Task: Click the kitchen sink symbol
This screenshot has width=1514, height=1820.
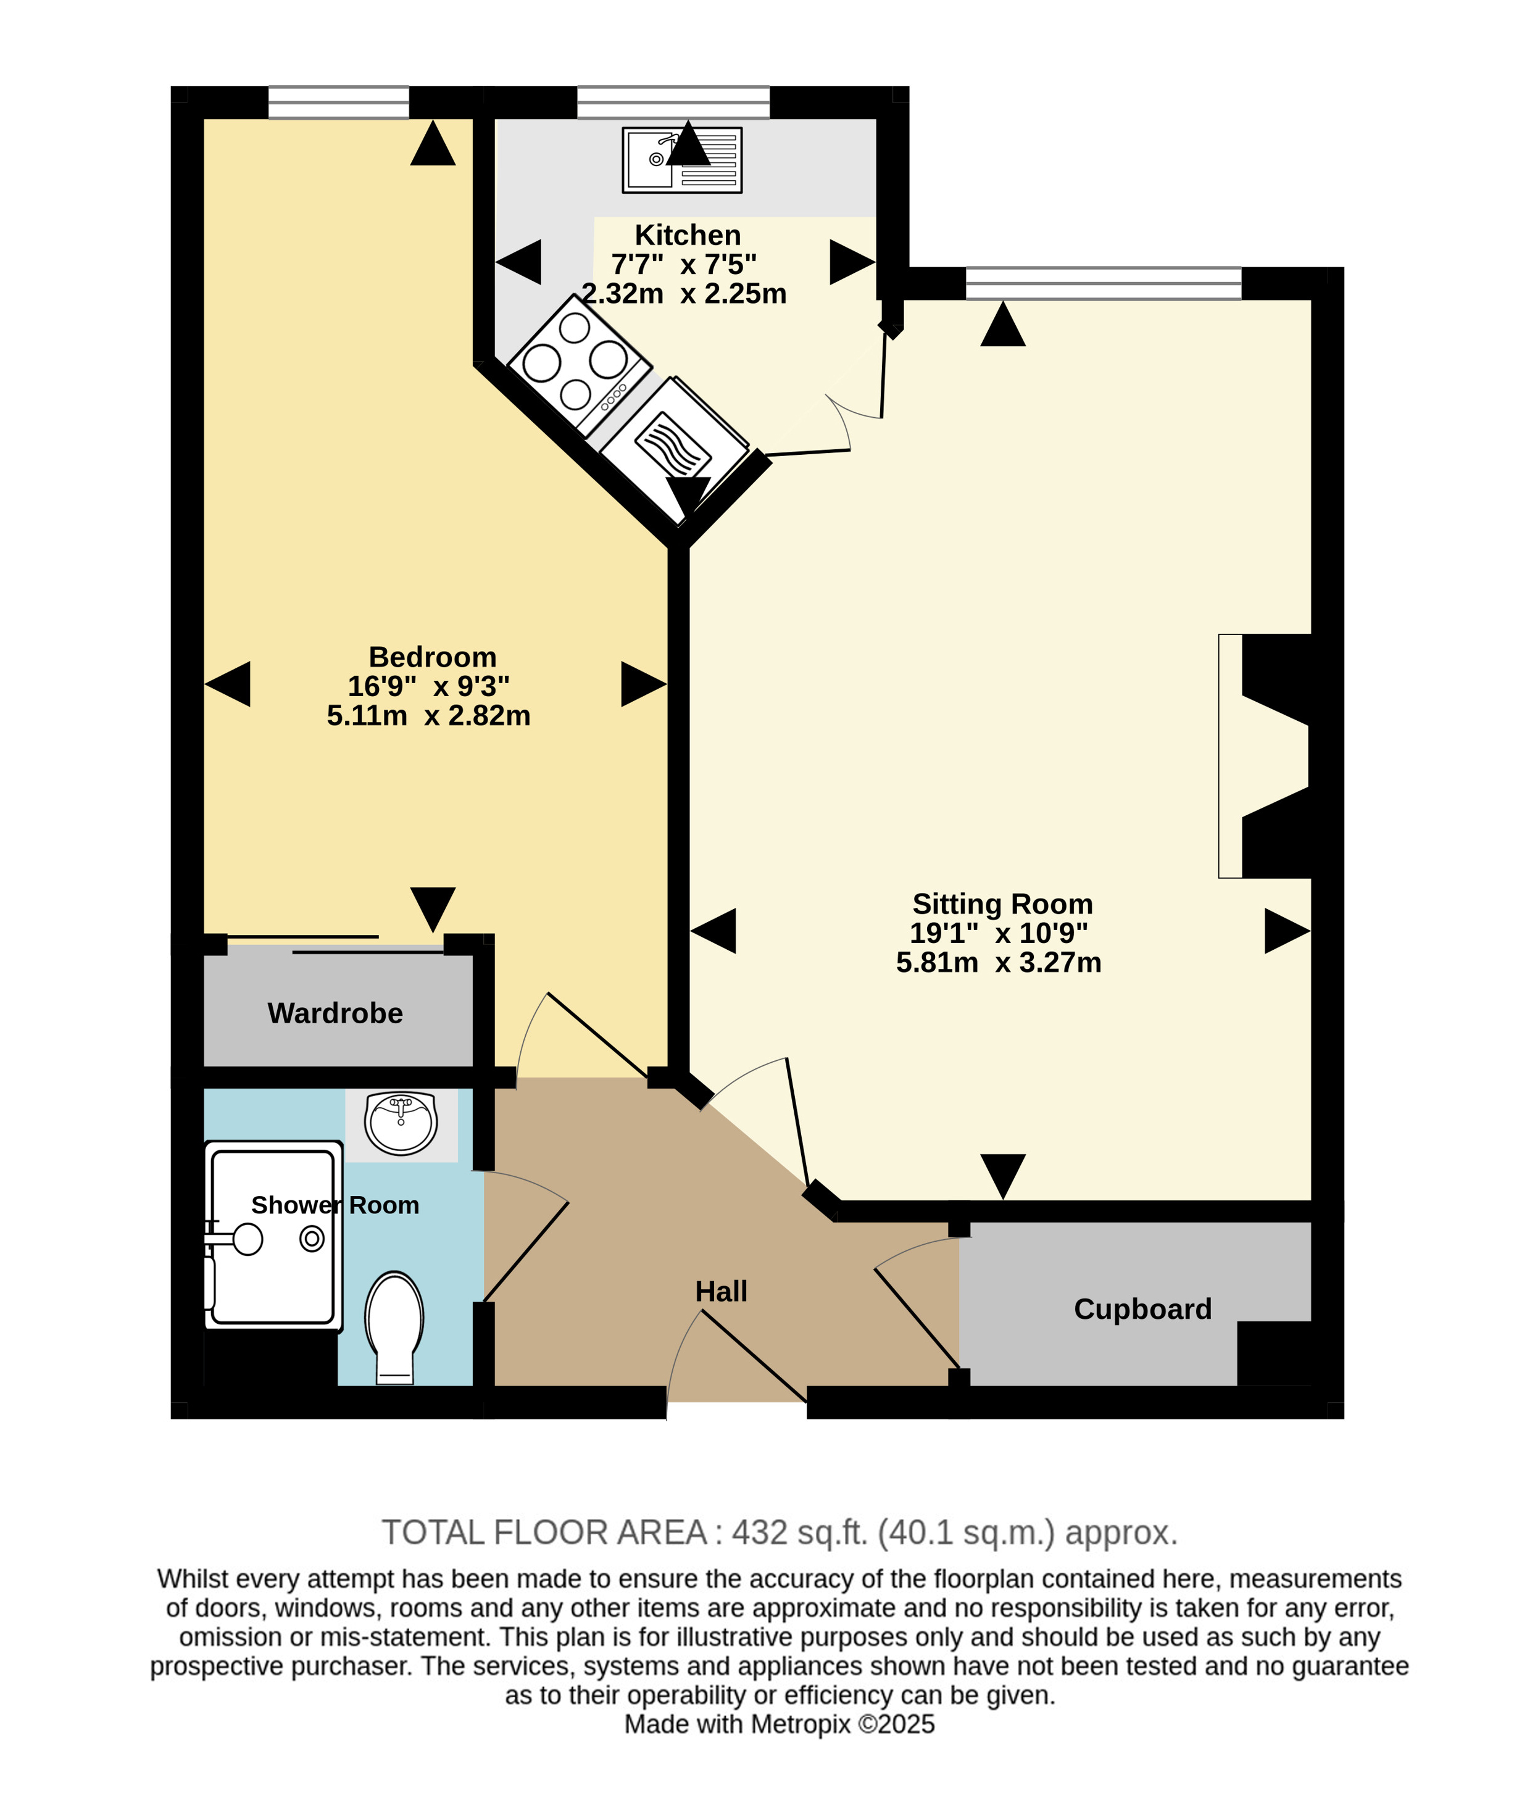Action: [681, 159]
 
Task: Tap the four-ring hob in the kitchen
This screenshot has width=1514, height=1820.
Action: [579, 365]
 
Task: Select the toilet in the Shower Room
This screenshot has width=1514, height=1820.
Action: [394, 1328]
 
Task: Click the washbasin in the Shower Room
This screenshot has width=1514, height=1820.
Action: [401, 1123]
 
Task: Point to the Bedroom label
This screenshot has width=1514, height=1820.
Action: [433, 657]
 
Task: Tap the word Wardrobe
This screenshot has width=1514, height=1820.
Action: [335, 1013]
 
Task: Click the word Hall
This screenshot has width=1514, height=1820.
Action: [721, 1291]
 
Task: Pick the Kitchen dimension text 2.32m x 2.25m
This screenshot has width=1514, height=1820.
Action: [684, 294]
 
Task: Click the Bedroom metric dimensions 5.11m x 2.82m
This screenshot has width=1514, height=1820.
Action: [428, 716]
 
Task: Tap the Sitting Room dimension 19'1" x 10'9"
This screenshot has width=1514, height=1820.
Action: [999, 933]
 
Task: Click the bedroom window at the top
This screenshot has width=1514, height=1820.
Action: [338, 102]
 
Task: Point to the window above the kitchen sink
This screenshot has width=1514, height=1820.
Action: [673, 102]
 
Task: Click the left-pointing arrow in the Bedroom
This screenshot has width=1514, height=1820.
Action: [227, 684]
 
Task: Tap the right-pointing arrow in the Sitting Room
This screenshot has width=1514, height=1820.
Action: [1288, 931]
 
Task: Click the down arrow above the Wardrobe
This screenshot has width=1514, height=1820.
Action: [433, 910]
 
